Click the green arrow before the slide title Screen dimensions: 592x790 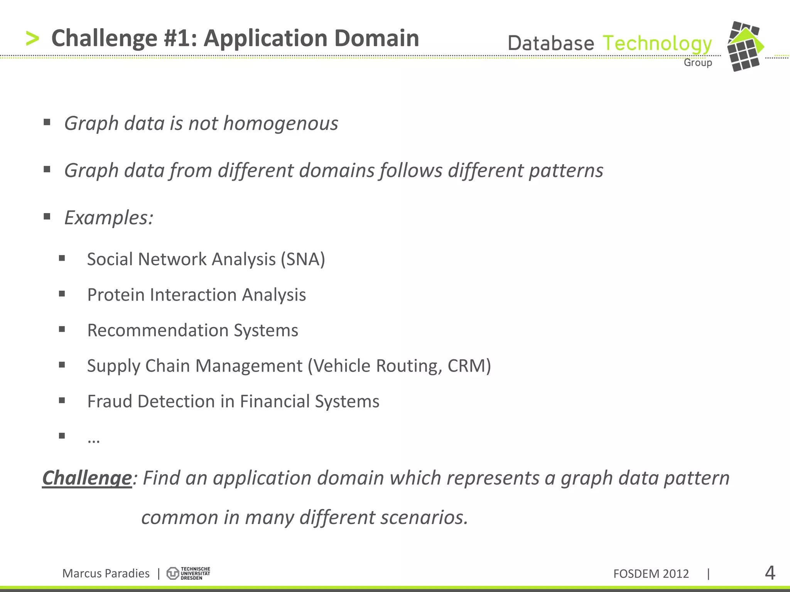click(32, 39)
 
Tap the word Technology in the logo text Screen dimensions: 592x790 click(657, 44)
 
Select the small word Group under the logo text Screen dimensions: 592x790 click(698, 62)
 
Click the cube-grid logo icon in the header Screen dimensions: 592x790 click(744, 46)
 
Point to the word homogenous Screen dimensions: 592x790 click(280, 123)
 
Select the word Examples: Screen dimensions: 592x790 click(109, 218)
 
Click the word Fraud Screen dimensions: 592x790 click(110, 401)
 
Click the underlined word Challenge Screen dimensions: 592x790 click(87, 478)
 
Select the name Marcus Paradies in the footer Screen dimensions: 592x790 click(106, 573)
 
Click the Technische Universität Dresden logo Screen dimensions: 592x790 click(188, 573)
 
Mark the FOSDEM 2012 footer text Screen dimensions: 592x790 click(651, 574)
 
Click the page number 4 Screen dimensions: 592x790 click(770, 573)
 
